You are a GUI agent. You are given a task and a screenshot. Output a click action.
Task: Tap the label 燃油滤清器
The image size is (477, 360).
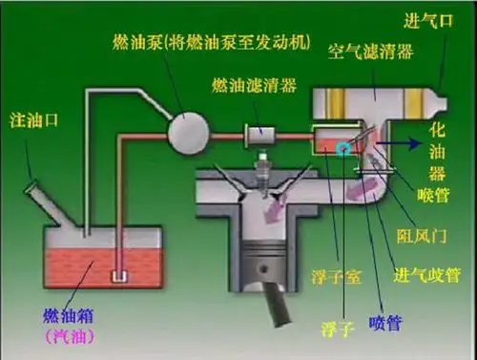pyautogui.click(x=256, y=86)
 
